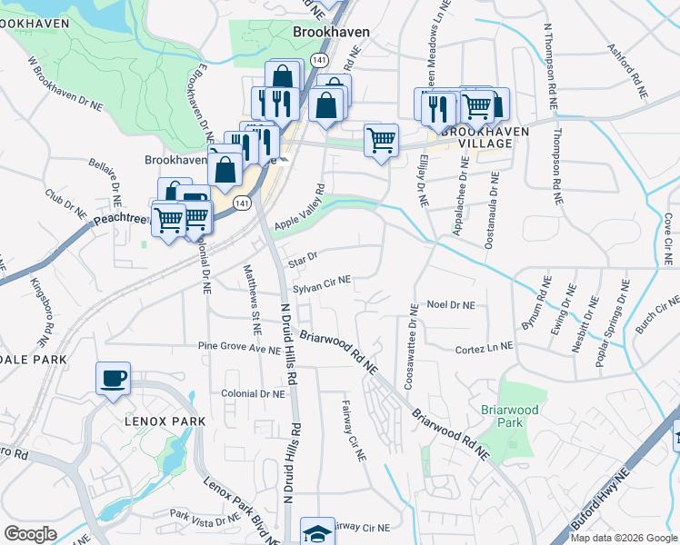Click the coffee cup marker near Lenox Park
[113, 379]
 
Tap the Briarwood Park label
[510, 416]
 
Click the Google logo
[30, 534]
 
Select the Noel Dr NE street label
[451, 306]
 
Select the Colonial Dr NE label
[253, 393]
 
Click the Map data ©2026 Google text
[625, 538]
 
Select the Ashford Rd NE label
[627, 71]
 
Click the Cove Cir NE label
[668, 233]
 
